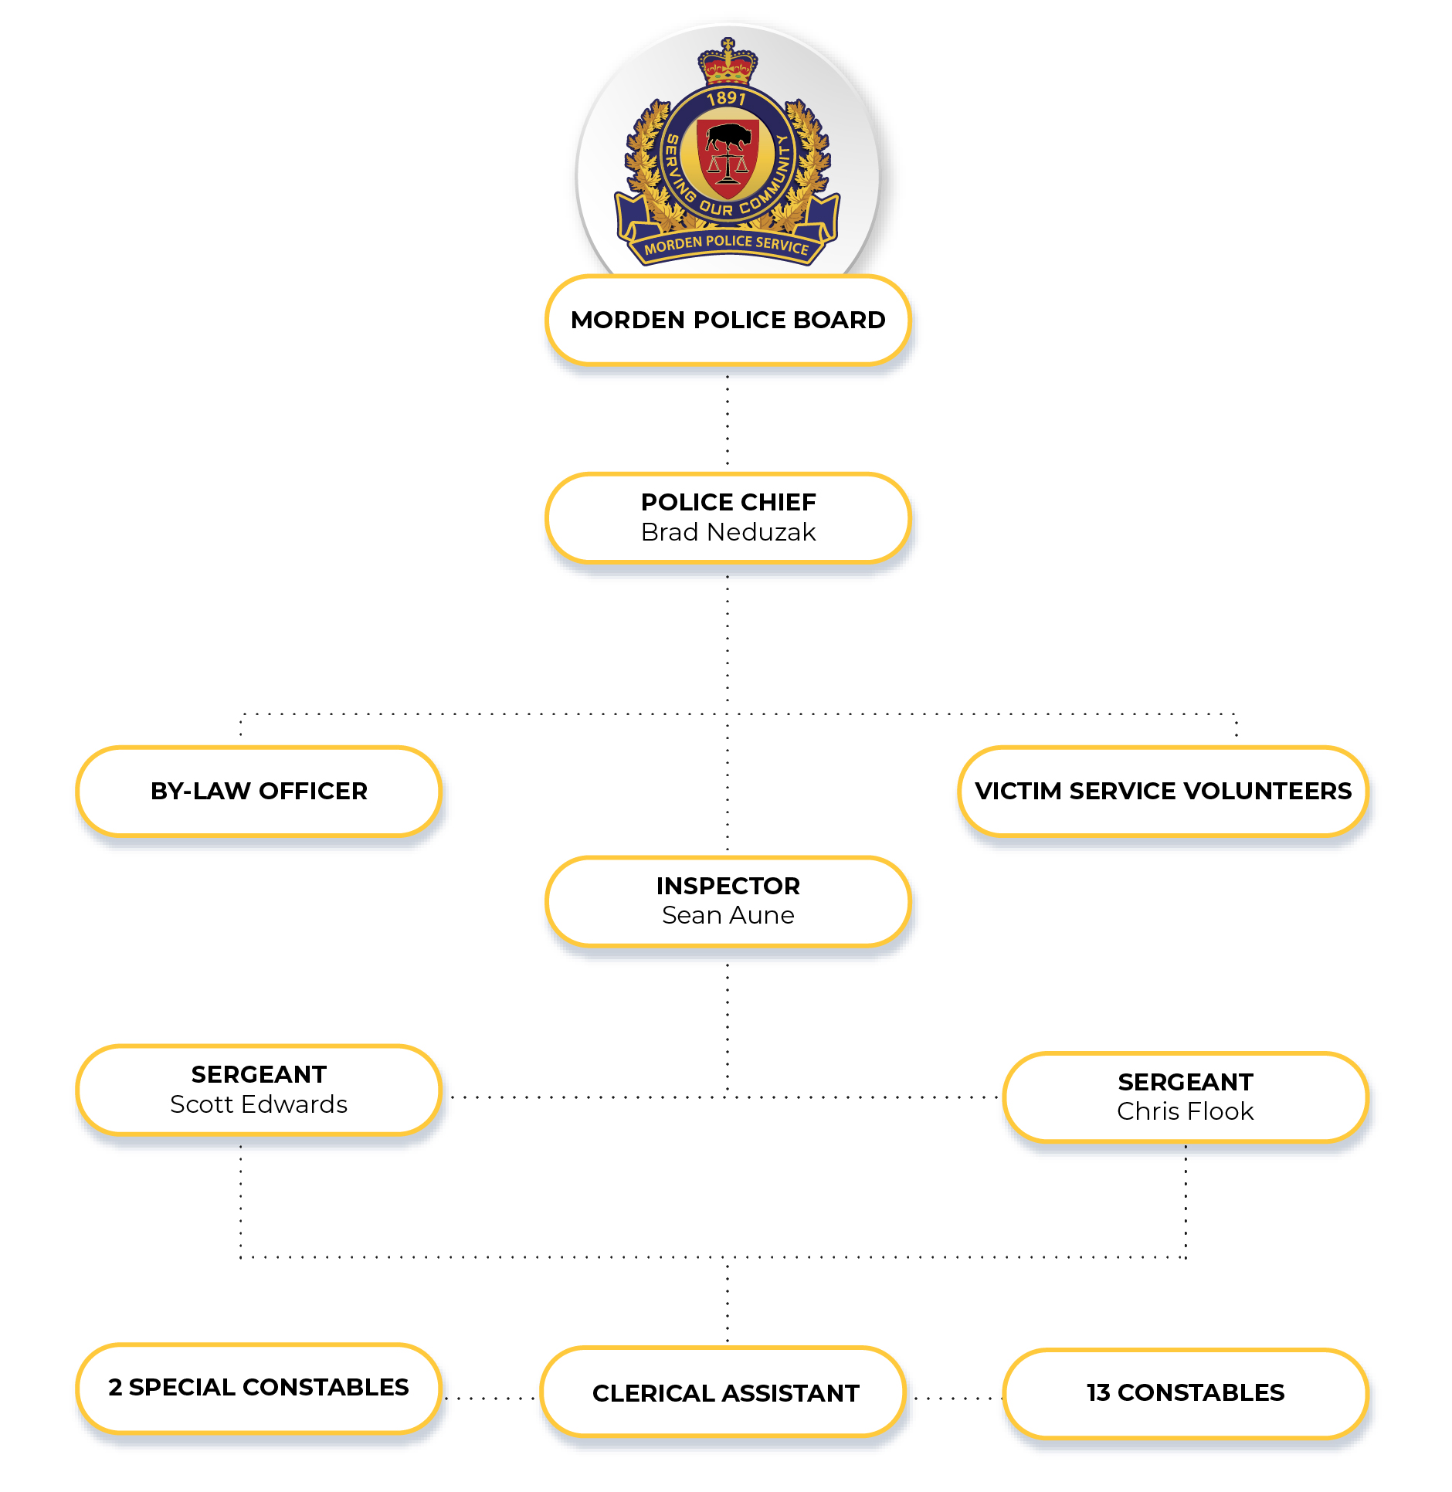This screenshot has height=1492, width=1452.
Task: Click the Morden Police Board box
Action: pyautogui.click(x=728, y=320)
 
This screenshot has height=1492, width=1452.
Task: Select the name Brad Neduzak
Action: pyautogui.click(x=728, y=532)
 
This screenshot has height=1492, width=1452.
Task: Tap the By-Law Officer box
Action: pyautogui.click(x=259, y=791)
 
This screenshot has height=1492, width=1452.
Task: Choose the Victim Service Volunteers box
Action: pyautogui.click(x=1163, y=791)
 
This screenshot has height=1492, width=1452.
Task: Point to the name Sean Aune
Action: pyautogui.click(x=728, y=915)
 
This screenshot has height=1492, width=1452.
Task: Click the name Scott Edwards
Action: pyautogui.click(x=259, y=1104)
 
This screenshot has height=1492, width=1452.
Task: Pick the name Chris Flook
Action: pyautogui.click(x=1186, y=1111)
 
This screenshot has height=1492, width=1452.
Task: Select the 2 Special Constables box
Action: pyautogui.click(x=259, y=1388)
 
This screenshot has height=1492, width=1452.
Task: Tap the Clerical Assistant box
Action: pyautogui.click(x=724, y=1392)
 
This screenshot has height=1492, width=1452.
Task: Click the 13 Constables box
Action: pyautogui.click(x=1186, y=1393)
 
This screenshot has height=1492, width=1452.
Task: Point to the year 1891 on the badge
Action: pyautogui.click(x=727, y=98)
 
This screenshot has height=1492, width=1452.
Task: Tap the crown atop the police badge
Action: pyautogui.click(x=728, y=61)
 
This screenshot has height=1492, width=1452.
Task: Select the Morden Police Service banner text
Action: pyautogui.click(x=727, y=245)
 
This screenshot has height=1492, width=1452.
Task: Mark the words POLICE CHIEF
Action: pyautogui.click(x=728, y=502)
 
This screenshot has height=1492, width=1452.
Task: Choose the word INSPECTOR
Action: pyautogui.click(x=728, y=886)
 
